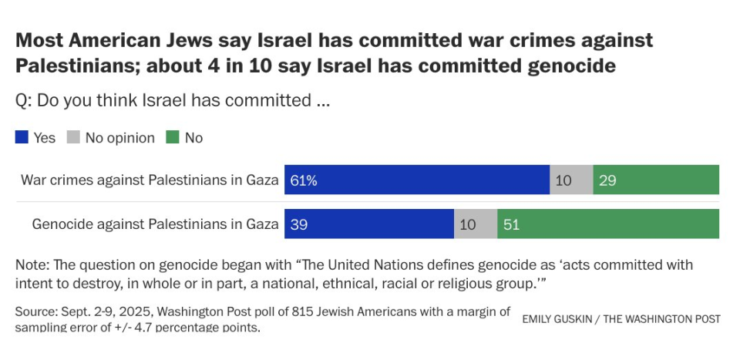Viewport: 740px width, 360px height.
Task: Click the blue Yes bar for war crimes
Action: (x=416, y=180)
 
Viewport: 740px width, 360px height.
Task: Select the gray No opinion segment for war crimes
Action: (x=571, y=180)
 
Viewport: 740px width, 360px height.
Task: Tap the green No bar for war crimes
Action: (x=656, y=180)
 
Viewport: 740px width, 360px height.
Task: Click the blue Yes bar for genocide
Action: (x=369, y=224)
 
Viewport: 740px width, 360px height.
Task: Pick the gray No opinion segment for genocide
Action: (x=476, y=224)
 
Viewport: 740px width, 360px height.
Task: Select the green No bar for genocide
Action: (x=608, y=224)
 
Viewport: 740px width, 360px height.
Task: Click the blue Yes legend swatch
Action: (x=22, y=138)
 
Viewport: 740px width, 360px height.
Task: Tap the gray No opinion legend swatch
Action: (x=73, y=138)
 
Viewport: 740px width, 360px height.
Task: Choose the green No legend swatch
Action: (x=172, y=138)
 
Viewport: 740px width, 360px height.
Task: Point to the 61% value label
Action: (x=304, y=180)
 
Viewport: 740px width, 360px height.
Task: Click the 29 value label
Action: (x=607, y=180)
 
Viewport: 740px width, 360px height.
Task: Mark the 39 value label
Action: (x=298, y=224)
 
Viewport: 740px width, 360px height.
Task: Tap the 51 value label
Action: (x=511, y=224)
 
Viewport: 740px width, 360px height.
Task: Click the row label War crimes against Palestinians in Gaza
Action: (x=149, y=180)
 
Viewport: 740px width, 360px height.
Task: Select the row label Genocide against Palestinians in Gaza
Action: (x=154, y=224)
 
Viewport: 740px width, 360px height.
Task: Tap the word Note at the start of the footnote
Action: (x=30, y=265)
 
